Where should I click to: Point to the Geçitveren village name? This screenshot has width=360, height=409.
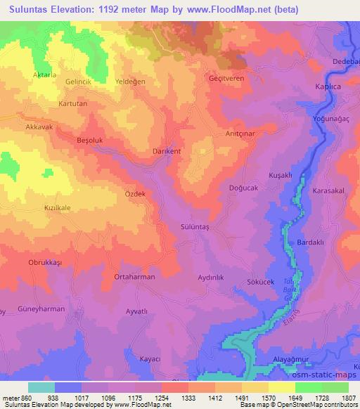226,79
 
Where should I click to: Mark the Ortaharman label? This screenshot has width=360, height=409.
134,277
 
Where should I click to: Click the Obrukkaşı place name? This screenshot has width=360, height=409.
46,262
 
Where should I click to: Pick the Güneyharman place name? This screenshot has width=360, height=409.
41,309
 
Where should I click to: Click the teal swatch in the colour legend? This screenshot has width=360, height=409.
41,387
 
